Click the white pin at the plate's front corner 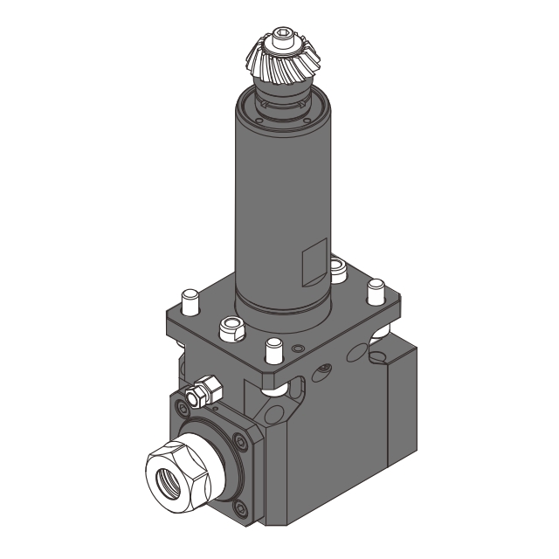tap(273, 349)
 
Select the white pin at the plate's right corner tap(376, 289)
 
